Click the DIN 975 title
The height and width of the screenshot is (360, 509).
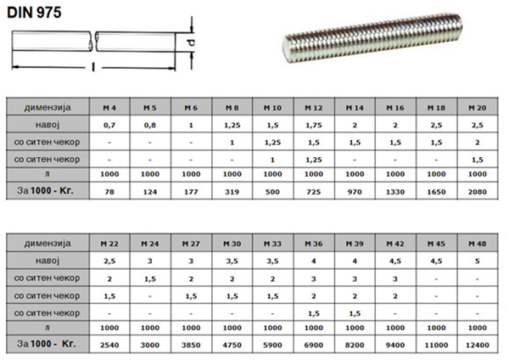click(34, 13)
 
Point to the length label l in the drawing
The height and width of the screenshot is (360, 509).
click(93, 67)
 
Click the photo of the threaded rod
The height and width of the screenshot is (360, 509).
click(372, 37)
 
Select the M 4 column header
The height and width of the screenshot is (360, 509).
click(109, 108)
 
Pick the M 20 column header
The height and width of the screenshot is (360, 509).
click(477, 108)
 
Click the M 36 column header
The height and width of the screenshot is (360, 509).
click(314, 244)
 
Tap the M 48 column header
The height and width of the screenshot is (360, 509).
click(477, 244)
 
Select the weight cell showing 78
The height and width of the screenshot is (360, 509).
click(109, 192)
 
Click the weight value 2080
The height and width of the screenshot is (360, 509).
click(477, 192)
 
